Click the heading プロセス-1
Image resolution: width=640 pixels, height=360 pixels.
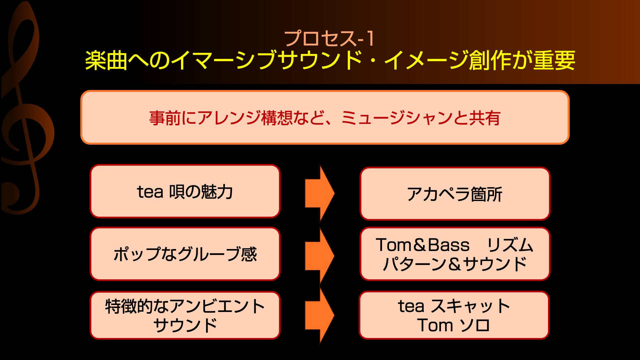pos(330,39)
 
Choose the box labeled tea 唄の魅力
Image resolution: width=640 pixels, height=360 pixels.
pos(185,191)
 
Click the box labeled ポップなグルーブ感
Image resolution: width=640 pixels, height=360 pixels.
pos(185,254)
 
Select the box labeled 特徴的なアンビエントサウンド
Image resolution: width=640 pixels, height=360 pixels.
pos(185,315)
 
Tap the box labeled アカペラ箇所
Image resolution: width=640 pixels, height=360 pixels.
pos(455,194)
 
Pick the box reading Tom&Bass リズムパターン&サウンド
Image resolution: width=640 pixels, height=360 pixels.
pos(455,254)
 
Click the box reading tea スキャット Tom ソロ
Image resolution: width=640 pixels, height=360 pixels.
pos(454,315)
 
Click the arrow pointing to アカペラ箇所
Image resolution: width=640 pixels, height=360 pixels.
pos(319,193)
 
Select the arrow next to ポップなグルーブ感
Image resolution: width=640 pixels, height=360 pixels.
pos(319,255)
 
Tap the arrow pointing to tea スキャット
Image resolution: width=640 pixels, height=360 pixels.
pos(319,315)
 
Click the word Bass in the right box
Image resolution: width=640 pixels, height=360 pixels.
pos(448,245)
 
